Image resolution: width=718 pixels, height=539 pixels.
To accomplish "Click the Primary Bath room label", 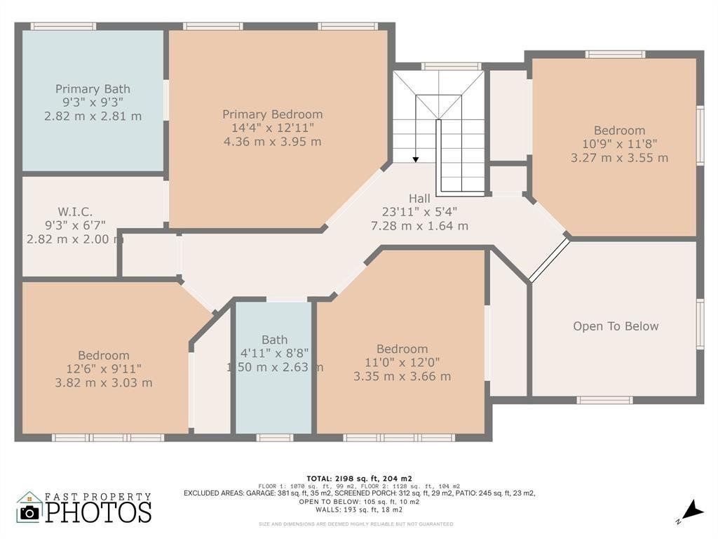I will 93,89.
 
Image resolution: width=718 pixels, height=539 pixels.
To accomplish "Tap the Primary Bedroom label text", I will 273,114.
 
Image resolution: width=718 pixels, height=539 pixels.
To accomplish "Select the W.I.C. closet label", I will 75,211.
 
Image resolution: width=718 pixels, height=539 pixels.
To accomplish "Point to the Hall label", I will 419,199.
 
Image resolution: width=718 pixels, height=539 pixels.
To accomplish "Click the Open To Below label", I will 616,326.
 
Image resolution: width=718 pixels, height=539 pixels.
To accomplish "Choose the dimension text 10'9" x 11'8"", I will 619,144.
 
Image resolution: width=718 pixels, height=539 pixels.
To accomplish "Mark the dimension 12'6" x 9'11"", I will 103,369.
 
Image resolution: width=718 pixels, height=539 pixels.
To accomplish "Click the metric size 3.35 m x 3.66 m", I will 402,376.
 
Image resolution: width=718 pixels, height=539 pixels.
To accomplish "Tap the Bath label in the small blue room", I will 274,340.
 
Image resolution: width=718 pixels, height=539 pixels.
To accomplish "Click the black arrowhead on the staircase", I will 415,159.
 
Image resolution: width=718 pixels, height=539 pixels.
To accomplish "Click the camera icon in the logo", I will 29,512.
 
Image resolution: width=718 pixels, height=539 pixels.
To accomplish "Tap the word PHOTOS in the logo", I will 98,511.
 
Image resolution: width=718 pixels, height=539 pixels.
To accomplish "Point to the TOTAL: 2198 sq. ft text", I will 358,478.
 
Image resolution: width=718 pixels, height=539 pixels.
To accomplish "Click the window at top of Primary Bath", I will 63,27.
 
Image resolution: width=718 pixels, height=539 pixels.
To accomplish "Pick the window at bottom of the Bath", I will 274,438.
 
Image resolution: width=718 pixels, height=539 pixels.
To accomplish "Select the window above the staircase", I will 451,67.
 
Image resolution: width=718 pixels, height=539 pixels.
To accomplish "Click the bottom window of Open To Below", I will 604,400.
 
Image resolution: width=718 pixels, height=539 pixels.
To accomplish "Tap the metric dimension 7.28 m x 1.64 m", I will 419,226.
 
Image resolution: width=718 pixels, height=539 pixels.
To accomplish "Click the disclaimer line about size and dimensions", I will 356,524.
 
